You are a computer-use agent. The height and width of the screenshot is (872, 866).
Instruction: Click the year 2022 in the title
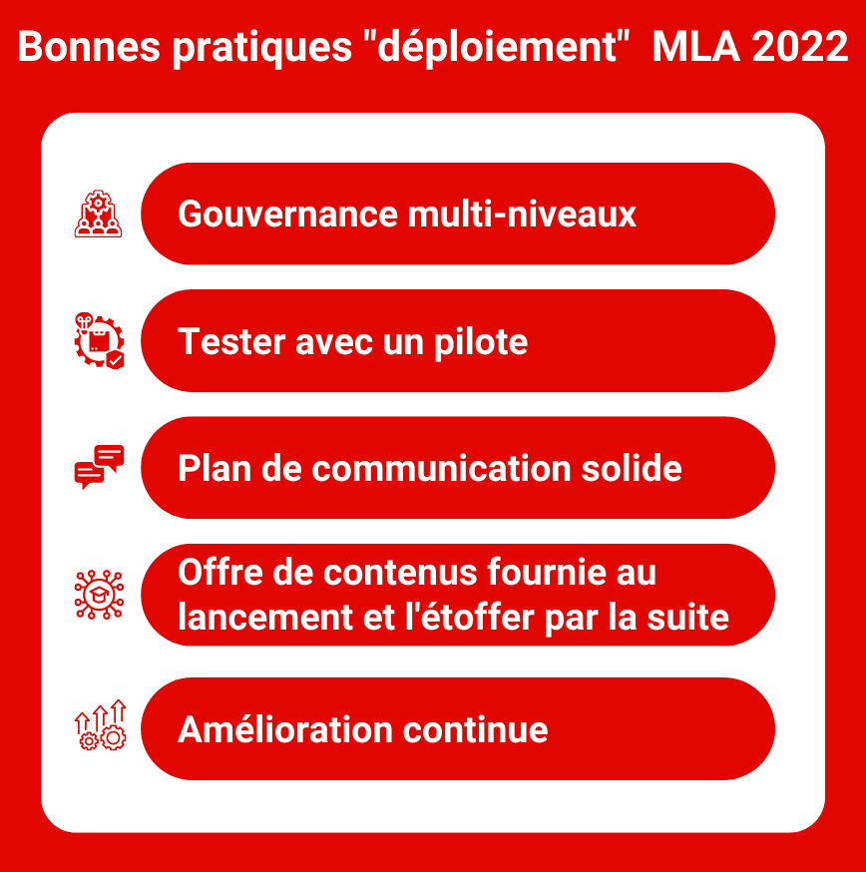tap(799, 46)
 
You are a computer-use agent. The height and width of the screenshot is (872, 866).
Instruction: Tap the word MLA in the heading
tap(695, 46)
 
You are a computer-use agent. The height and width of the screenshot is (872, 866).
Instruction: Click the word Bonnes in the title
tap(89, 46)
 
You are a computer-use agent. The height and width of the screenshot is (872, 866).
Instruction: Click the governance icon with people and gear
tap(99, 214)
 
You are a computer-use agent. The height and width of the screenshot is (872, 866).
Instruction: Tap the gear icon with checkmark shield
tap(99, 340)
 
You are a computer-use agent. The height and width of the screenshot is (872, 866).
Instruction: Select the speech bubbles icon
tap(99, 467)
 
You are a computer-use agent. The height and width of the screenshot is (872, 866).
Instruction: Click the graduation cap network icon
tap(99, 595)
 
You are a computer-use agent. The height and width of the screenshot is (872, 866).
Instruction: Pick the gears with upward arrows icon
tap(100, 725)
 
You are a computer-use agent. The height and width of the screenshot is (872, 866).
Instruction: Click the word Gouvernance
tap(288, 215)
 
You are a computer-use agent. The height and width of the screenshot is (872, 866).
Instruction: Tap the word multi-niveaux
tap(522, 215)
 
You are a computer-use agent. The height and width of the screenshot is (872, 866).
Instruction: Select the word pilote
tap(481, 342)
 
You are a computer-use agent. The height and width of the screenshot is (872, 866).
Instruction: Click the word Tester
tap(231, 341)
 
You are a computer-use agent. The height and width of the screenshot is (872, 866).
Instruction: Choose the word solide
tap(632, 468)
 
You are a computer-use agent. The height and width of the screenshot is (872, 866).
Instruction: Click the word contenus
tap(400, 573)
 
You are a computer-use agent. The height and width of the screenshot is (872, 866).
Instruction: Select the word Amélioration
tap(285, 729)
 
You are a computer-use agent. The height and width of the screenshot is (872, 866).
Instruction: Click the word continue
tap(476, 729)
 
